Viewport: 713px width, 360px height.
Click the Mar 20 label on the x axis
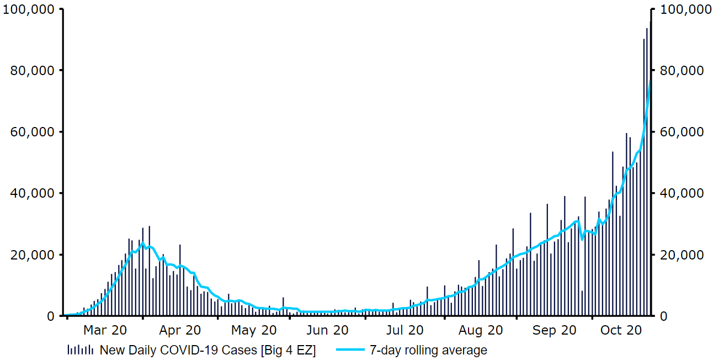105,331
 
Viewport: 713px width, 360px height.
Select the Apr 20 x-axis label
180,331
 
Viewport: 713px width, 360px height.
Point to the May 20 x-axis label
253,331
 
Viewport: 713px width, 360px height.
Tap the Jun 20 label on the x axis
328,331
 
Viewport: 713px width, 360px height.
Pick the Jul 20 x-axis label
405,331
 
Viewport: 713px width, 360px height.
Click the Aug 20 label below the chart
481,331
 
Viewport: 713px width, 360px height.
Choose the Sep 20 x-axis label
555,331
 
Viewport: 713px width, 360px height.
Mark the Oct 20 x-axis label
621,331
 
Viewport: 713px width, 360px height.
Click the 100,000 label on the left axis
29,9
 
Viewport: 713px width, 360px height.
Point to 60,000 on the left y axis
31,132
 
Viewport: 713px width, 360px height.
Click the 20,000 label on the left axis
31,255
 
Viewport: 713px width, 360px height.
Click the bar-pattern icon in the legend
80,350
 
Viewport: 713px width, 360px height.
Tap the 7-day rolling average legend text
428,350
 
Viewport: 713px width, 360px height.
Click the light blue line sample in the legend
349,350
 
